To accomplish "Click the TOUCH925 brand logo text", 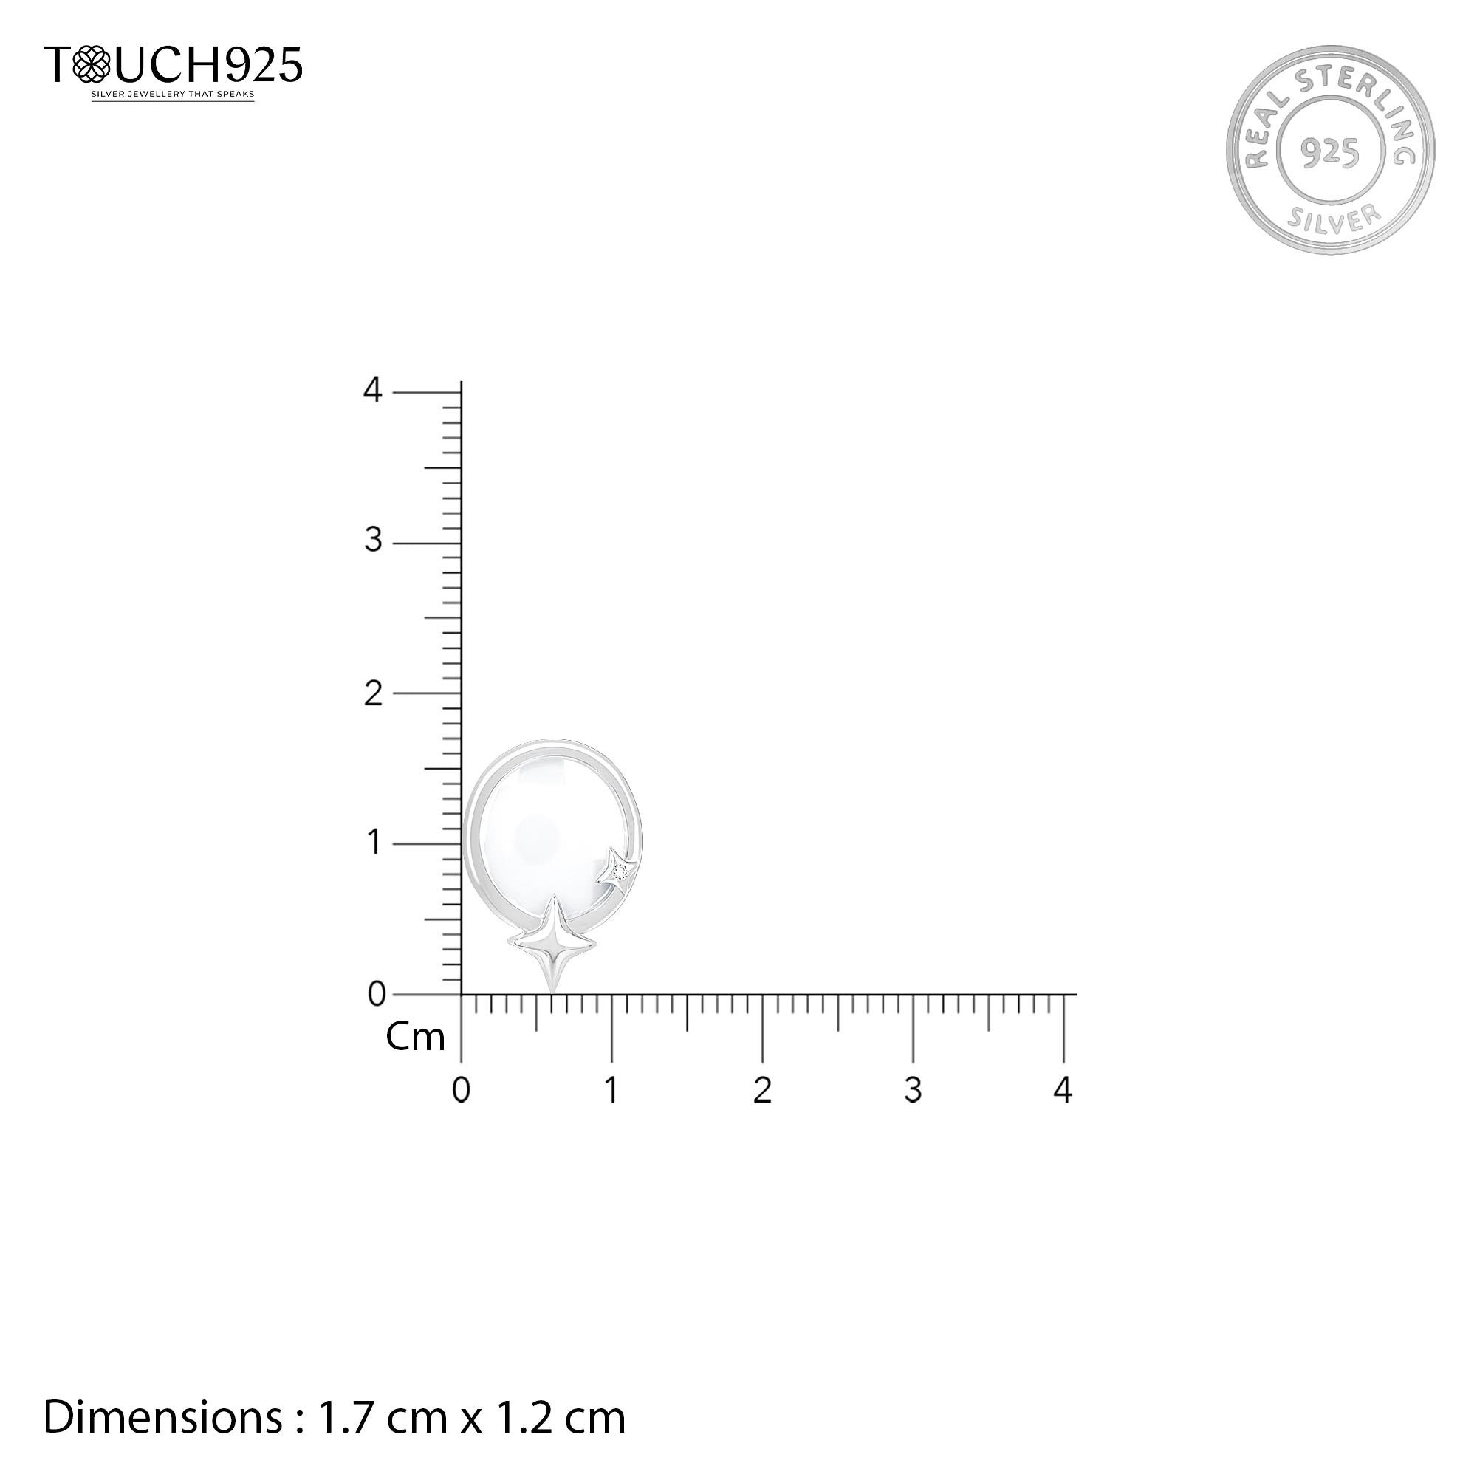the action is click(x=174, y=64).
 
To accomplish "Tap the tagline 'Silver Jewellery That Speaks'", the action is click(x=173, y=95).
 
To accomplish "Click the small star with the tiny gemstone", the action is click(x=618, y=871).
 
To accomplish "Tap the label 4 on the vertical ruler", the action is click(x=372, y=390).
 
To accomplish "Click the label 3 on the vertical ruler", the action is click(x=373, y=540).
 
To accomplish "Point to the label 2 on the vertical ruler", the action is click(x=373, y=693).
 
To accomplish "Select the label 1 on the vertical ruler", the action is click(x=374, y=843).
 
